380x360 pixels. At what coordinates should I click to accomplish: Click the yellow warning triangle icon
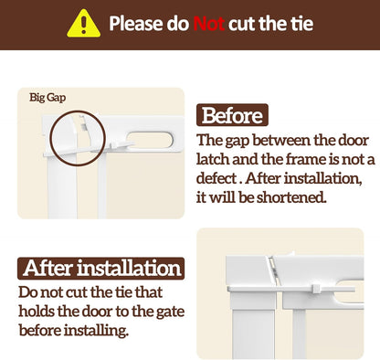coord(84,24)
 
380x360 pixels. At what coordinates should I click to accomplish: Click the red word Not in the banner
coord(209,24)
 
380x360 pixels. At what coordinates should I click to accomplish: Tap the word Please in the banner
coord(135,24)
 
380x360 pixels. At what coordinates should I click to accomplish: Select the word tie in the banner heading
coord(301,24)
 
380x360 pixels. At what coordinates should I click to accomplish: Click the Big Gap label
coord(47,98)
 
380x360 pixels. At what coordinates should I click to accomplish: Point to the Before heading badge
coord(232,115)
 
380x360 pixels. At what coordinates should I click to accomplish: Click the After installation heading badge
coord(101,269)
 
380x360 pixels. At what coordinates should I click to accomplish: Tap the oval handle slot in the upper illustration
coord(149,141)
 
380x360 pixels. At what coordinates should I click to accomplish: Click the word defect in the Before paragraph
coord(216,178)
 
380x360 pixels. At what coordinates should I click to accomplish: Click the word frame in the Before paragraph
coord(291,159)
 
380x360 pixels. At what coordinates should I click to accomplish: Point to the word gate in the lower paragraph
coord(170,312)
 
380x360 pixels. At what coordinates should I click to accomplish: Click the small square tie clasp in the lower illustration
coord(317,288)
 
